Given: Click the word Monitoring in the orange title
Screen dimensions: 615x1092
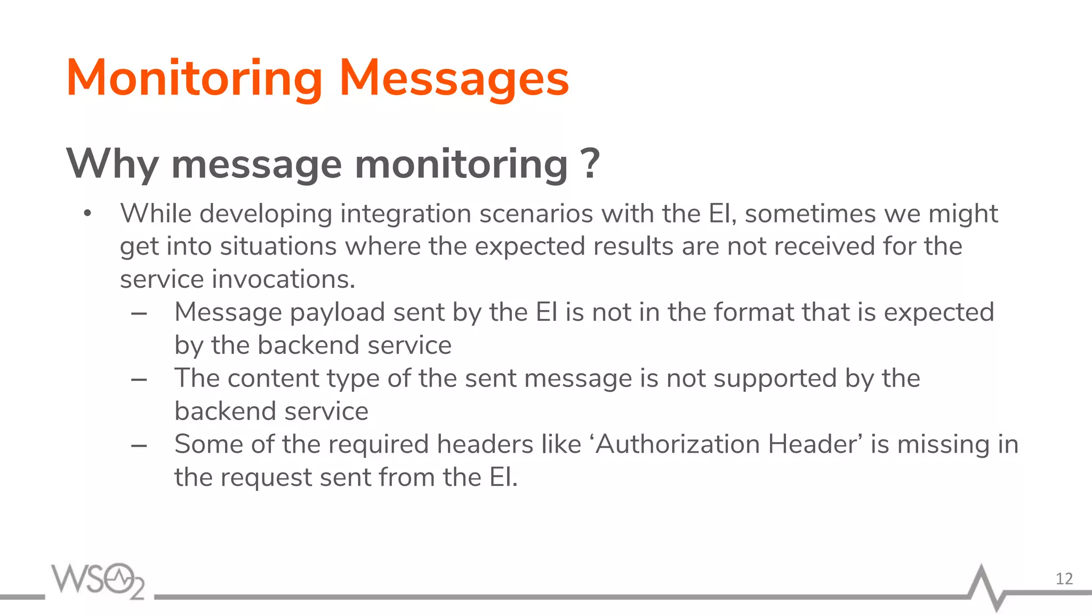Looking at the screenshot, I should (x=194, y=79).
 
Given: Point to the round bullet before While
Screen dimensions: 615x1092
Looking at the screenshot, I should (x=87, y=214).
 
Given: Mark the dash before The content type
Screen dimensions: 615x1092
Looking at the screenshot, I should (x=139, y=380).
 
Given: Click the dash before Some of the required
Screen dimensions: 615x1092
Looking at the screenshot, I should (x=139, y=445).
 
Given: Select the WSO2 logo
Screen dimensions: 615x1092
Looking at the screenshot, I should (x=98, y=580).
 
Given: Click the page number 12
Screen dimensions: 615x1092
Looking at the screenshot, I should (x=1064, y=579).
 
